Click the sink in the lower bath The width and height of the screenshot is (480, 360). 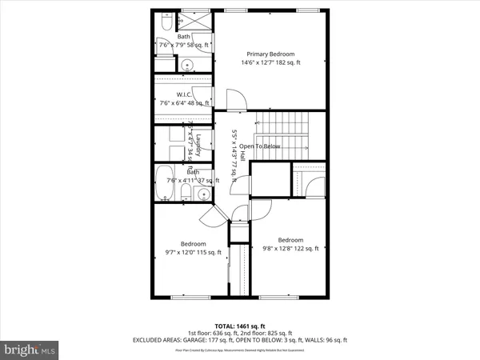tap(204, 194)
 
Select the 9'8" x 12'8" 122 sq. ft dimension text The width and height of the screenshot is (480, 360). tap(290, 249)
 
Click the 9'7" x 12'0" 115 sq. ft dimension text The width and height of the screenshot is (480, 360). tap(193, 253)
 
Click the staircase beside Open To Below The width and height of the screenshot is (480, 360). tap(286, 128)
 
